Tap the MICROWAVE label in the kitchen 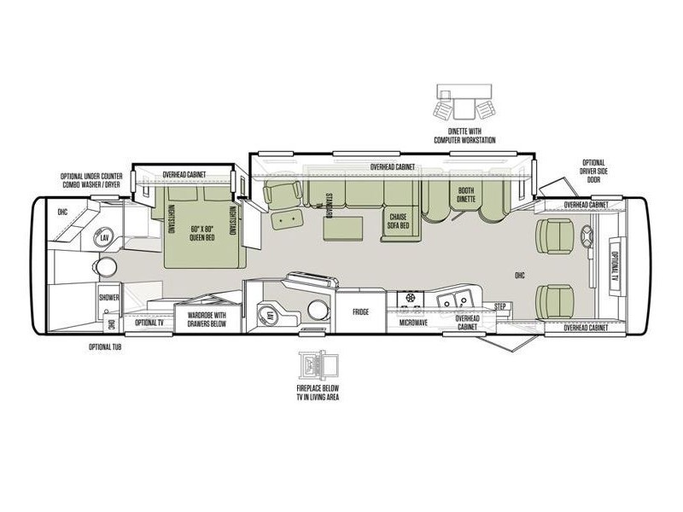pyautogui.click(x=413, y=324)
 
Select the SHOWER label pyautogui.click(x=108, y=298)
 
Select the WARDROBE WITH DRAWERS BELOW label pyautogui.click(x=206, y=319)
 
